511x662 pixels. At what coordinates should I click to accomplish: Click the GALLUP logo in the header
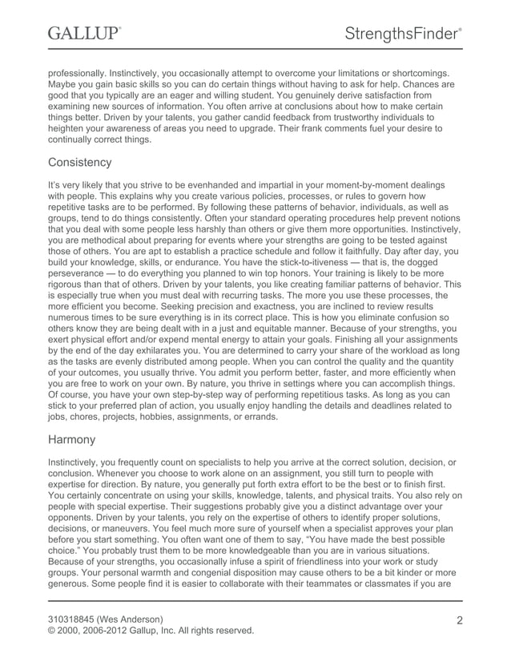point(84,34)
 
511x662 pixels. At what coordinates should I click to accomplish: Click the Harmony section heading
point(72,440)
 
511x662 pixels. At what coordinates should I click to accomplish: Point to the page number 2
point(460,620)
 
